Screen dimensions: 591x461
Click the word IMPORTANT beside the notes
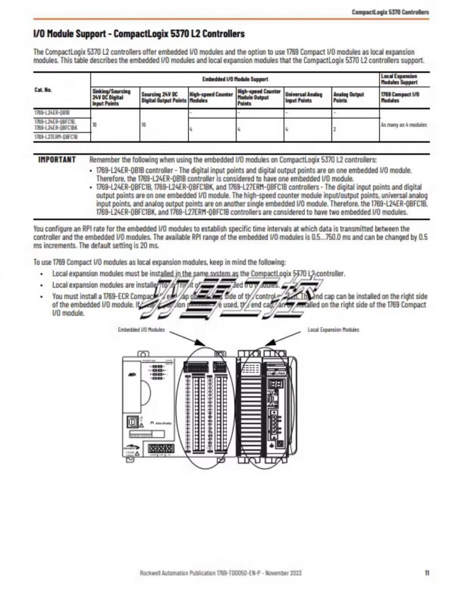[57, 160]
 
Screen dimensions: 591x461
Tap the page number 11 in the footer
[427, 573]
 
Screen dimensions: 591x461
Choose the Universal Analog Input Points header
[304, 97]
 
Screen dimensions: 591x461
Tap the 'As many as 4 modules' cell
[404, 125]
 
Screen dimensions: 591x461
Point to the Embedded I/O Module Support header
[235, 79]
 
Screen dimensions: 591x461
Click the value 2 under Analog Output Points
[335, 129]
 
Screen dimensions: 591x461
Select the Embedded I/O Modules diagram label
[141, 330]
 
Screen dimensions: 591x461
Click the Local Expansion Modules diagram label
[333, 330]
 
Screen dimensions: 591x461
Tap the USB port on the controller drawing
[133, 420]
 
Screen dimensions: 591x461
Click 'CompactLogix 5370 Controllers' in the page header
[390, 12]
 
